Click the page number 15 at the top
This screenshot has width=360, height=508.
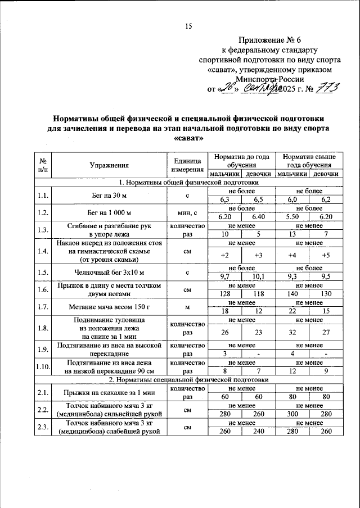188,26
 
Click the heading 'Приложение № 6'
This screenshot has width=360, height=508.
269,40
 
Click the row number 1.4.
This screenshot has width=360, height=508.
42,252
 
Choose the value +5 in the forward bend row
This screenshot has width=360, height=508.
325,256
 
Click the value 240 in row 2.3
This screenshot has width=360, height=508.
259,432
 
